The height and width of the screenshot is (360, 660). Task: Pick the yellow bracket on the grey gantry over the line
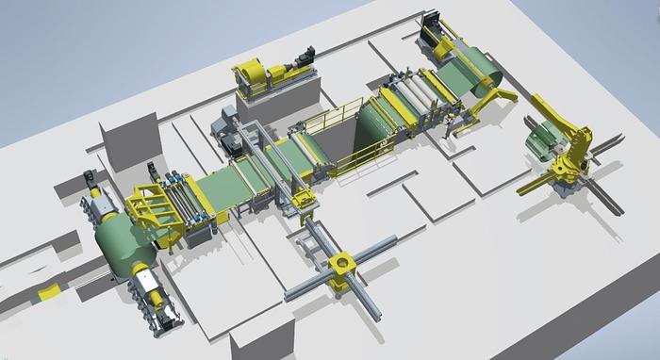click(304, 199)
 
